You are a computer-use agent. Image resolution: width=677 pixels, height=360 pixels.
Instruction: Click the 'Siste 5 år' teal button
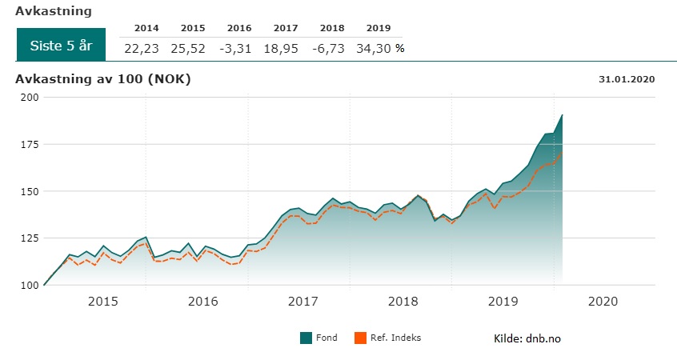click(61, 46)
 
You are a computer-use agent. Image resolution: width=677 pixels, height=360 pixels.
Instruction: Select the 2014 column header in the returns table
click(146, 28)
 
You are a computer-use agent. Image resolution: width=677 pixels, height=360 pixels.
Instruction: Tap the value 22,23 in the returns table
click(142, 48)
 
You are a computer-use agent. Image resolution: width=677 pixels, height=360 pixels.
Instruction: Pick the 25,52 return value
click(188, 48)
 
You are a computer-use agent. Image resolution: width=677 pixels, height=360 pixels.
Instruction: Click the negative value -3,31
click(234, 48)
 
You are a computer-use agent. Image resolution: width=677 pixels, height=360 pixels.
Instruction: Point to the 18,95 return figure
click(281, 48)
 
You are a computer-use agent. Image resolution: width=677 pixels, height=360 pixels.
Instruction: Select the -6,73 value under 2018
click(327, 48)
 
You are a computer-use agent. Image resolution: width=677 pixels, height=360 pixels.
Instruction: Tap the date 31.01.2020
click(627, 78)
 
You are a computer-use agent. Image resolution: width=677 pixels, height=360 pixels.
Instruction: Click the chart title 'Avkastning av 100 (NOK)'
click(103, 78)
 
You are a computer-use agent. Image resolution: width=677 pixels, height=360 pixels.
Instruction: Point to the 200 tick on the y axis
click(29, 97)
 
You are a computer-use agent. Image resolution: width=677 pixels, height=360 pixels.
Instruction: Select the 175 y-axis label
click(29, 144)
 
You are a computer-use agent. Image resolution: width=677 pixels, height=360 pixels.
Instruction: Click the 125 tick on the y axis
click(29, 238)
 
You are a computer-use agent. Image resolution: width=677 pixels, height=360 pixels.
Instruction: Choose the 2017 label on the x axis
click(302, 302)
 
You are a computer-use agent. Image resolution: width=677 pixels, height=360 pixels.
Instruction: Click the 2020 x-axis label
click(603, 302)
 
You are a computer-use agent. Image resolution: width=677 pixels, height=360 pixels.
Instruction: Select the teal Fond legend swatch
click(305, 338)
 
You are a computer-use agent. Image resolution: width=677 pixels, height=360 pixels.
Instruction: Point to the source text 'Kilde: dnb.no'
click(527, 338)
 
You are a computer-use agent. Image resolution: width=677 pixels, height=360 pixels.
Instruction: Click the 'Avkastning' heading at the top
click(53, 11)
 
